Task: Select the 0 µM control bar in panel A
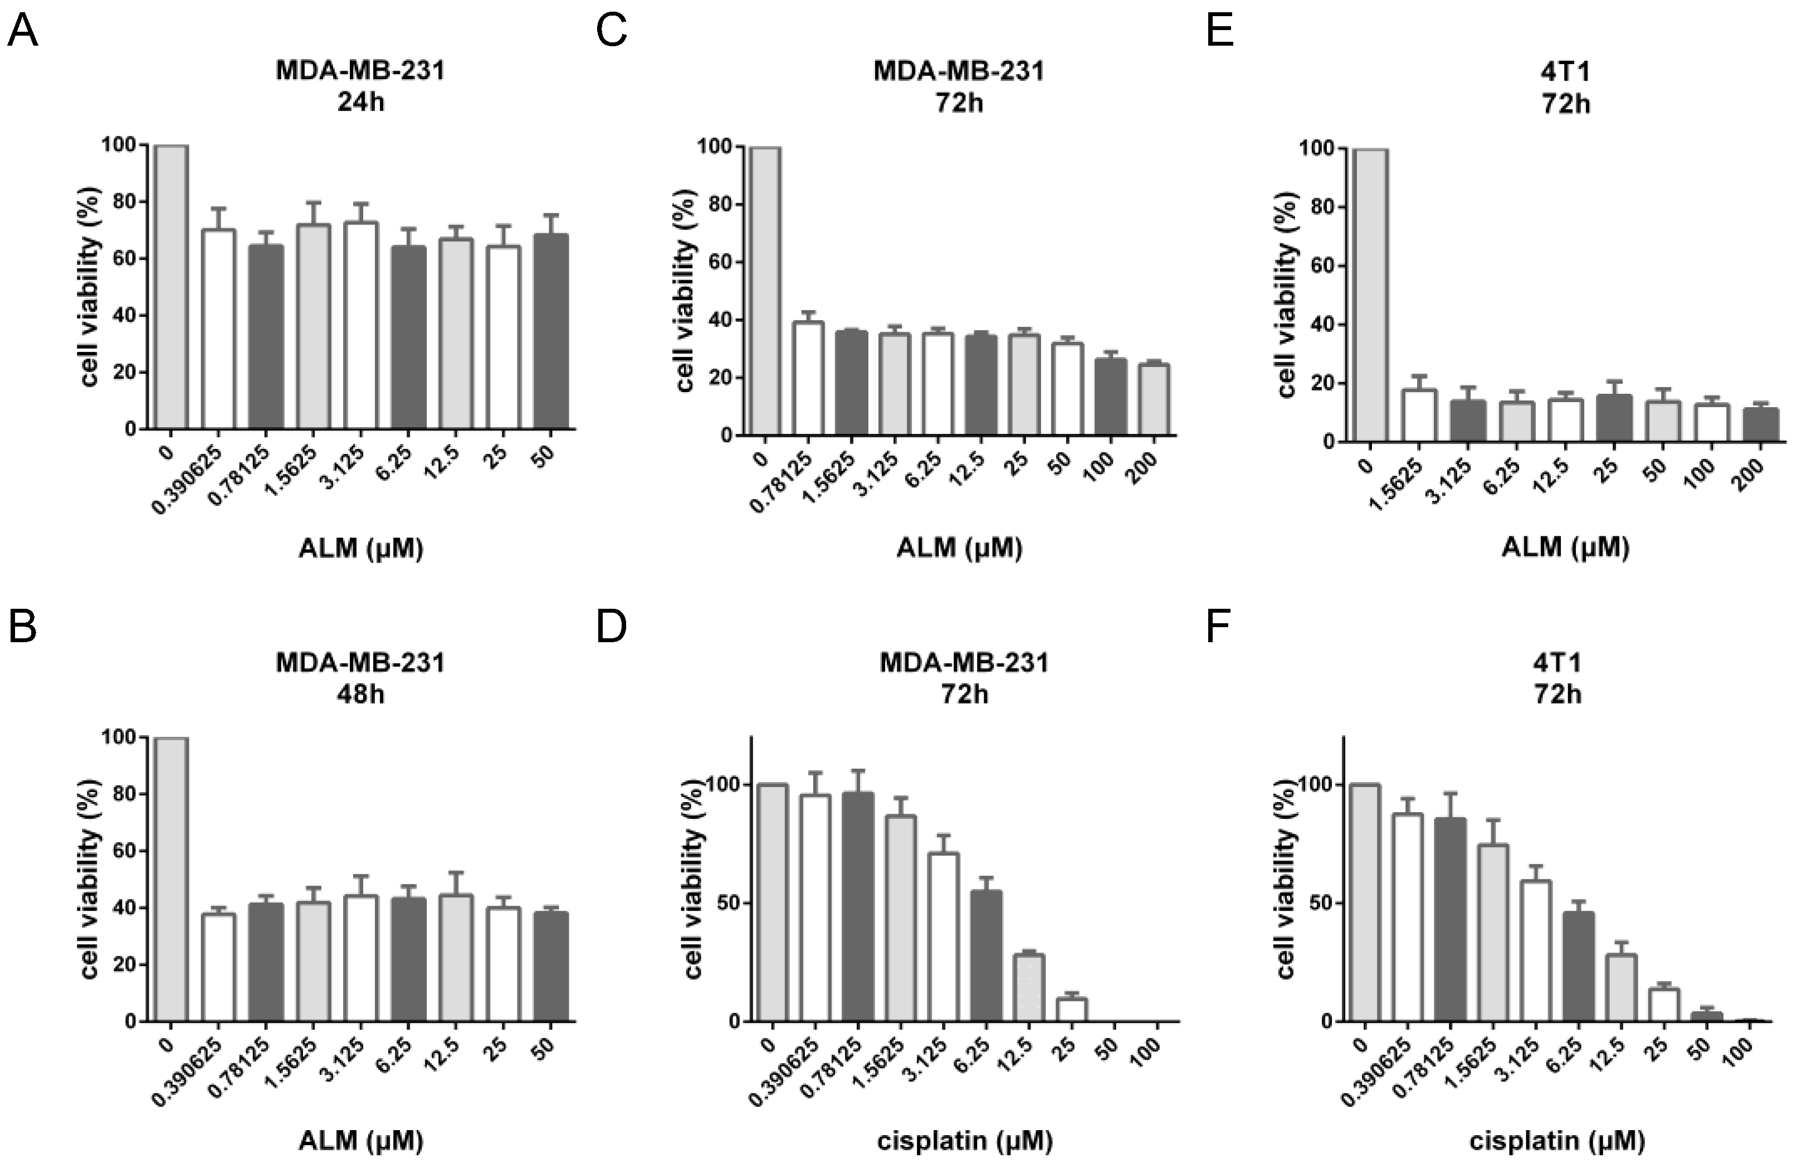click(x=172, y=287)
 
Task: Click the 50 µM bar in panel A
click(x=550, y=331)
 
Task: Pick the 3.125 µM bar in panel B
click(x=361, y=958)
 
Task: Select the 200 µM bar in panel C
click(x=1154, y=399)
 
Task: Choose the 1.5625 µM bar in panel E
click(x=1419, y=415)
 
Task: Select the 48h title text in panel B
click(x=360, y=693)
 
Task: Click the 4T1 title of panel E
click(x=1566, y=72)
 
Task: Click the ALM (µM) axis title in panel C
click(x=959, y=548)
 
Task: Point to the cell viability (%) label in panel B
click(x=91, y=879)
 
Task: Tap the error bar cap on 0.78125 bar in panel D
click(x=857, y=771)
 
